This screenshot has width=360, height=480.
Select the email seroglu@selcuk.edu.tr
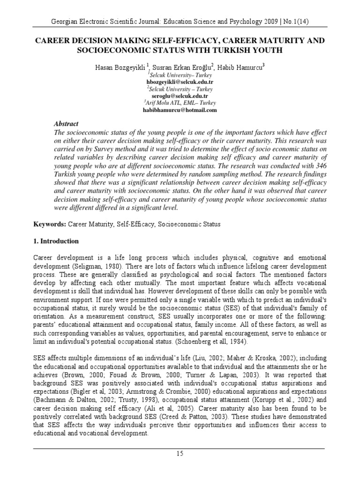tap(180, 96)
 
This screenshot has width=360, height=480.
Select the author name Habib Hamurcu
tap(243, 67)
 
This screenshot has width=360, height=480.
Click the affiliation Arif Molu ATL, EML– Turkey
tap(181, 103)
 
